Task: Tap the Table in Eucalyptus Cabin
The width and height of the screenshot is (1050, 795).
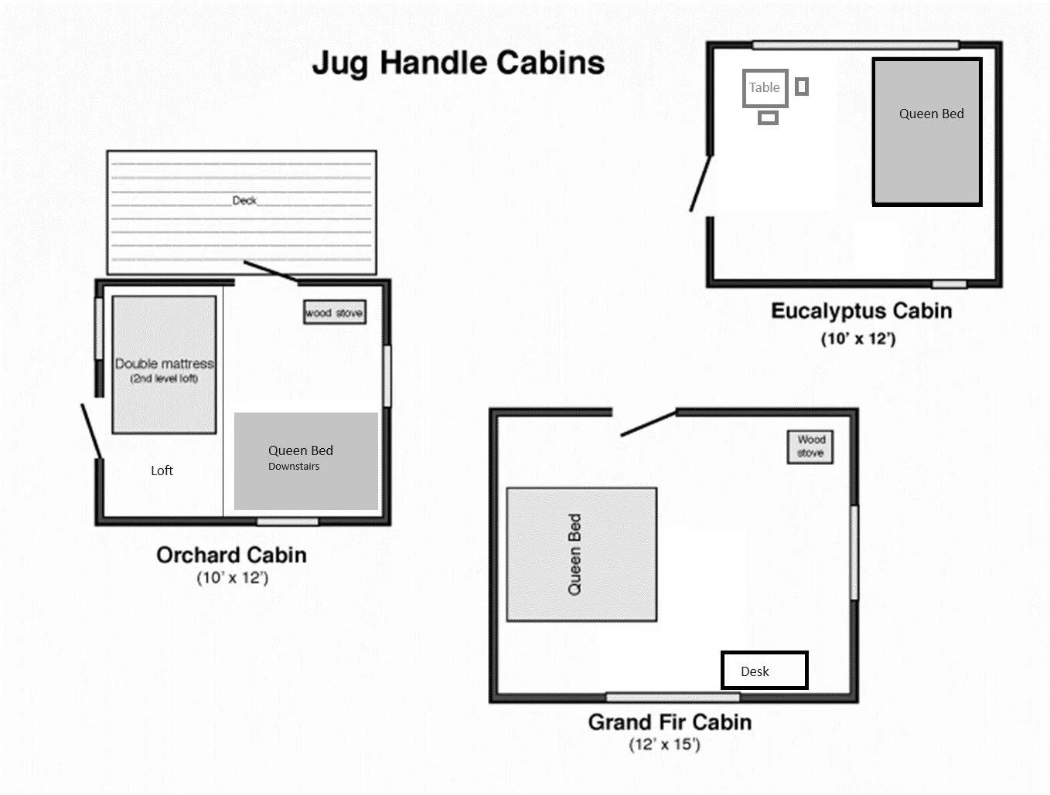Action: tap(765, 88)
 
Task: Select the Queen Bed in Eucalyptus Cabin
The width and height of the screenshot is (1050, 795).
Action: tap(927, 131)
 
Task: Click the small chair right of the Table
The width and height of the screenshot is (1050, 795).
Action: tap(802, 87)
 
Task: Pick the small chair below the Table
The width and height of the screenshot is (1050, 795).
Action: tap(768, 118)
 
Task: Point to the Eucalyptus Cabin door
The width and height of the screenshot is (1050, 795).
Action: tap(701, 183)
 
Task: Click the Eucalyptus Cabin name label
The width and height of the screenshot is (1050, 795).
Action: tap(861, 311)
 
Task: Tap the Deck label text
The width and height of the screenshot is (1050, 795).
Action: tap(244, 201)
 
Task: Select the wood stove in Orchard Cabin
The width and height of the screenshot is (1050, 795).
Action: tap(334, 313)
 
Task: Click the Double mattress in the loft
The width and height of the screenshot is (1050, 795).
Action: tap(164, 365)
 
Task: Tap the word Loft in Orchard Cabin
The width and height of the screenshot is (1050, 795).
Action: tap(162, 471)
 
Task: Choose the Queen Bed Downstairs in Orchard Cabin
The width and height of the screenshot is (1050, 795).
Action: tap(305, 461)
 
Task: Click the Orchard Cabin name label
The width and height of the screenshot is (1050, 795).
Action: tap(231, 555)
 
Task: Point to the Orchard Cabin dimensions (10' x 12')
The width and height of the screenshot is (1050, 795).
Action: tap(232, 578)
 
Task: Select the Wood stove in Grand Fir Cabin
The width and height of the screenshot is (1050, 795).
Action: tap(810, 447)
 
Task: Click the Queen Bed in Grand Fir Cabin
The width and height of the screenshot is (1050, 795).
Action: tap(581, 555)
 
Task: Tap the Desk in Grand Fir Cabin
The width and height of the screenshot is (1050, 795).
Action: tap(764, 671)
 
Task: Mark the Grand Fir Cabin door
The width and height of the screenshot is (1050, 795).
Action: tap(648, 423)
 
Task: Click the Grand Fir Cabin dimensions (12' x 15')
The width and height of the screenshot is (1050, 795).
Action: tap(664, 745)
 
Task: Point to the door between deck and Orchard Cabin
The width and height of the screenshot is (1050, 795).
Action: tap(270, 271)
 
